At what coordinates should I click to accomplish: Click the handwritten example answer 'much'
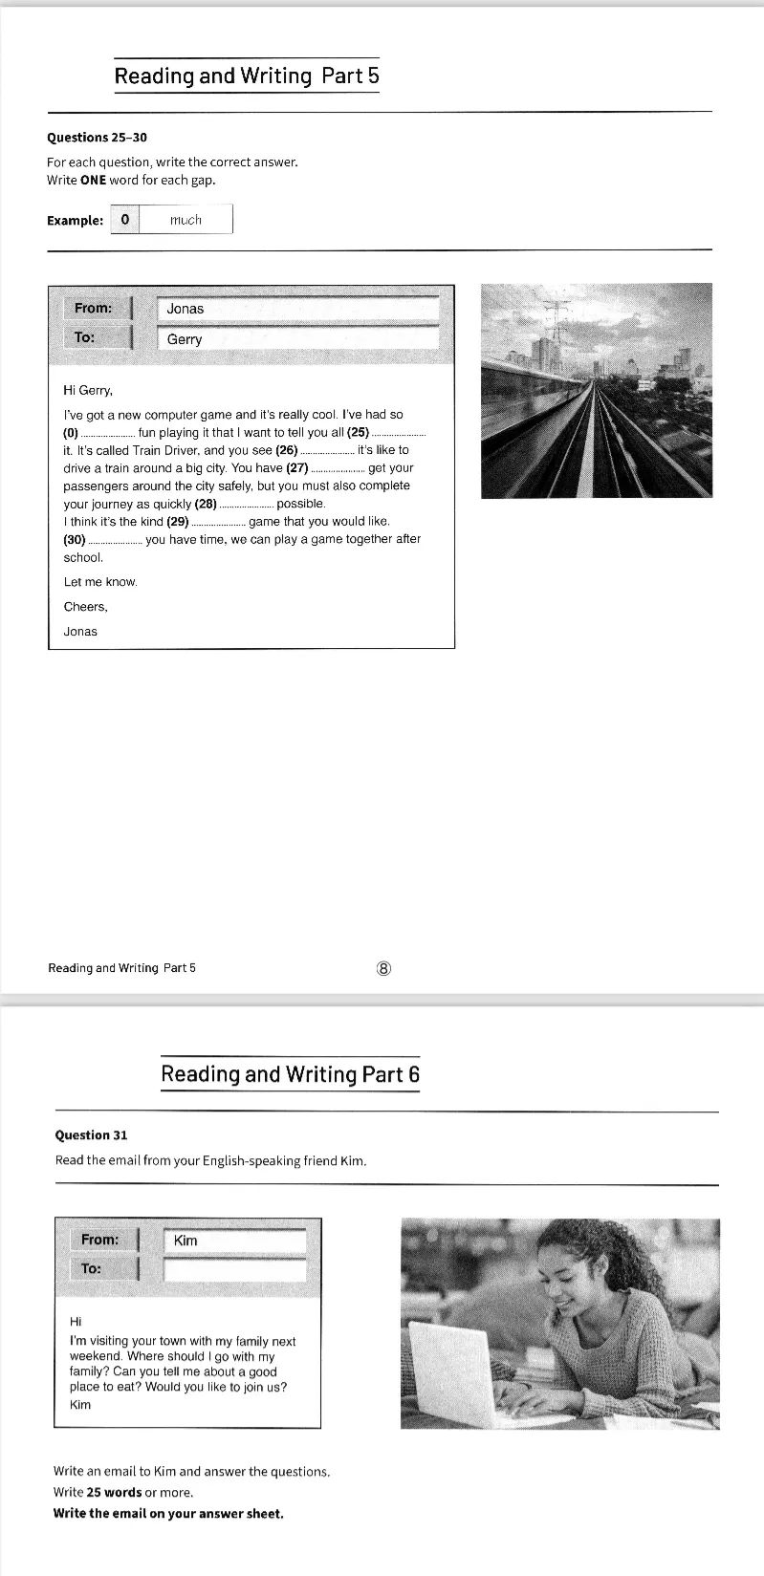[186, 220]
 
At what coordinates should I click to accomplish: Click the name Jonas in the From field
[186, 309]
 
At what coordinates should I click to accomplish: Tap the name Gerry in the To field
[185, 339]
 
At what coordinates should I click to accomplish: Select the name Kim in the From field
[186, 1241]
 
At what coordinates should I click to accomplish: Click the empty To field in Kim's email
[235, 1269]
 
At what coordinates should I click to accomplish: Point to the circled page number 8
[384, 968]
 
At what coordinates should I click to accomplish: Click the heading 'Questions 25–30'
[97, 138]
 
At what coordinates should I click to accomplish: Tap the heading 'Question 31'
[91, 1135]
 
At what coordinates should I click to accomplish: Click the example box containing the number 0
[125, 220]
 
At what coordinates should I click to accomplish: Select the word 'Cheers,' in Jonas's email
[86, 607]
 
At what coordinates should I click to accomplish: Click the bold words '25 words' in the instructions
[114, 1493]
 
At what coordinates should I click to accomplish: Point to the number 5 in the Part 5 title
[373, 76]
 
